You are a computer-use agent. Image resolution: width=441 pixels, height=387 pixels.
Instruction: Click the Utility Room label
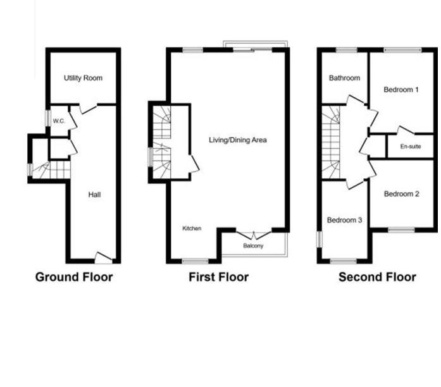83,78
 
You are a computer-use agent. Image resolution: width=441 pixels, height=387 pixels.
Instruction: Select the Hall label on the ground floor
94,195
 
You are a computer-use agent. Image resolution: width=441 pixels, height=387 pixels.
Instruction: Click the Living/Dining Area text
238,139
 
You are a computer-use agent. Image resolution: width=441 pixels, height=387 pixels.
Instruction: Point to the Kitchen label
192,228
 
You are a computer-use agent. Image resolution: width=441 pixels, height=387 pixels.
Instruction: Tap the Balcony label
252,245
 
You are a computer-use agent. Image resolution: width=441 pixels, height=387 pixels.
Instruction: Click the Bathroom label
344,78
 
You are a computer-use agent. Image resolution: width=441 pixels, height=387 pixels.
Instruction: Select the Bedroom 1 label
401,90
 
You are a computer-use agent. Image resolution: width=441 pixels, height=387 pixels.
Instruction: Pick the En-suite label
411,147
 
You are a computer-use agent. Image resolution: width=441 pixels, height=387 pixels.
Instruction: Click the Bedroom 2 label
401,194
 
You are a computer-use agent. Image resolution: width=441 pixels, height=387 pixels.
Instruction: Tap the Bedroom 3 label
344,220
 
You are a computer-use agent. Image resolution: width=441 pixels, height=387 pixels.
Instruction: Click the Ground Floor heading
74,277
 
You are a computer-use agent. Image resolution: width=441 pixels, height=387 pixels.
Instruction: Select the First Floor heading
218,277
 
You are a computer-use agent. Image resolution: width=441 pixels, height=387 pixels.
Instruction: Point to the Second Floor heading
377,277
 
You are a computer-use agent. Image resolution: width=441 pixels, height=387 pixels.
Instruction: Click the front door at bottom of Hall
103,257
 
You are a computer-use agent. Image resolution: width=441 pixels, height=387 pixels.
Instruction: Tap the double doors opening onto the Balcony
252,234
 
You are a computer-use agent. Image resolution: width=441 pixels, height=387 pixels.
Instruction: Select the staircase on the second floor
331,142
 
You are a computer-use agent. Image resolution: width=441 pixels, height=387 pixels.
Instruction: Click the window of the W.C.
47,119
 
